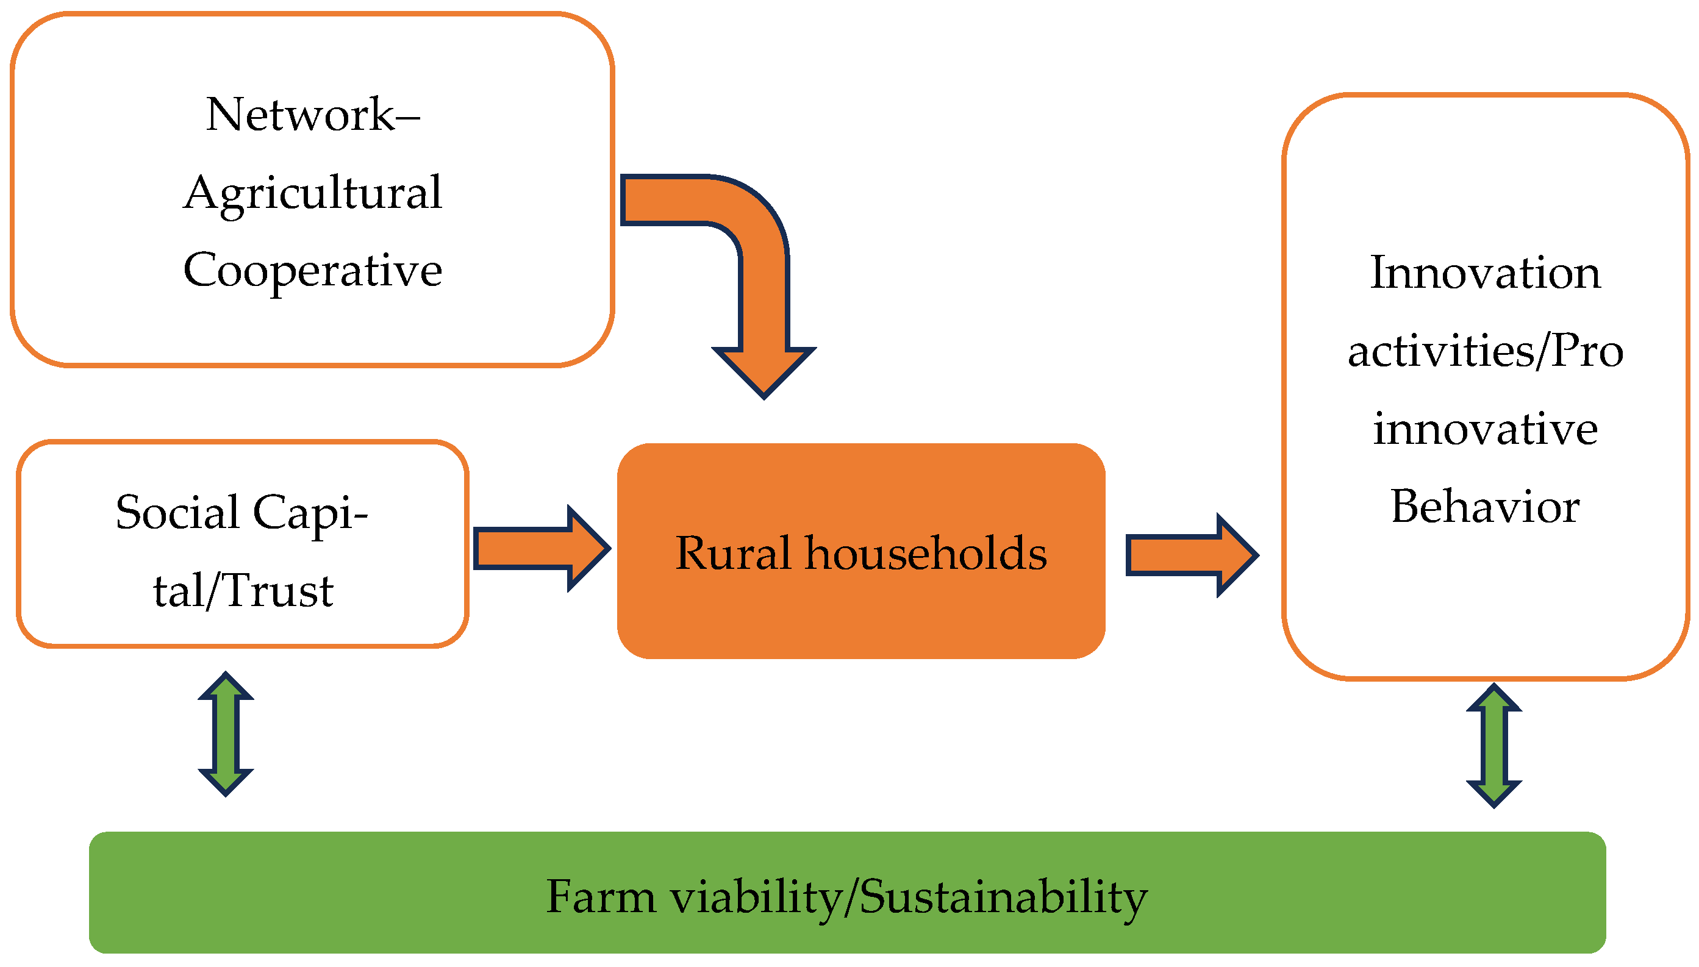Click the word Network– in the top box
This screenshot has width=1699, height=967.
312,114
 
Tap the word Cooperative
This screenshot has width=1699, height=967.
312,271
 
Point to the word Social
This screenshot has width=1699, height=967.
177,513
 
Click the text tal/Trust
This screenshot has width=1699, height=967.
243,591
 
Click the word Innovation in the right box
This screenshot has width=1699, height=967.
1485,273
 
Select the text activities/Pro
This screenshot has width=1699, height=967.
1485,351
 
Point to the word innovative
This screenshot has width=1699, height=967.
1485,429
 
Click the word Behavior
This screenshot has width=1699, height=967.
1485,507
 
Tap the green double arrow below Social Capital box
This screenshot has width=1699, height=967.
226,734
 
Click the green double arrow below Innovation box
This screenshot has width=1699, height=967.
1493,746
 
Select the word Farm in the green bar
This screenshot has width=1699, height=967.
601,897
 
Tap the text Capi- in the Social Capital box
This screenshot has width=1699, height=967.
310,513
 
